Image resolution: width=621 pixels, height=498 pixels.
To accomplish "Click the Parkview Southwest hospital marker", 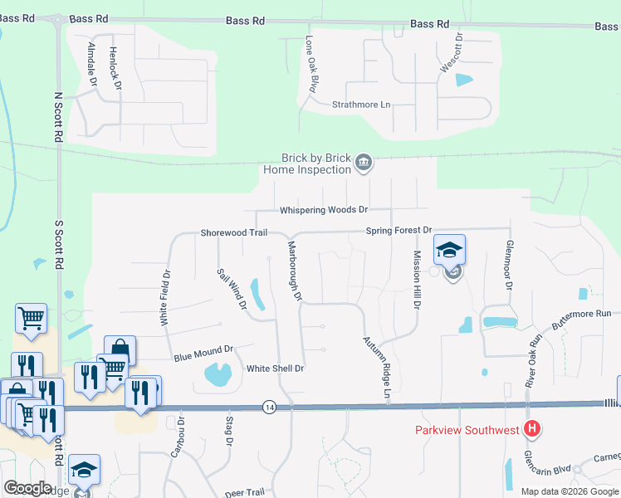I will pyautogui.click(x=533, y=429).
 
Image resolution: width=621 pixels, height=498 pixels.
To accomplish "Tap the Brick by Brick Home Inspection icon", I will pyautogui.click(x=363, y=164).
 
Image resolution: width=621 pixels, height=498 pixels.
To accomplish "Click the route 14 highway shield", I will pyautogui.click(x=269, y=407).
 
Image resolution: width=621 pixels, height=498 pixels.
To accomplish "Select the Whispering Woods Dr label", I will pyautogui.click(x=323, y=211).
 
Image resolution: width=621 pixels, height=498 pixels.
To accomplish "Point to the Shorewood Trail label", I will pyautogui.click(x=233, y=233).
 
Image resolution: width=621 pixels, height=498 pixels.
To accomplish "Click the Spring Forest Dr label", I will pyautogui.click(x=399, y=230).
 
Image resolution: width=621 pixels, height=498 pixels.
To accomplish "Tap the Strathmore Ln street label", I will pyautogui.click(x=360, y=105).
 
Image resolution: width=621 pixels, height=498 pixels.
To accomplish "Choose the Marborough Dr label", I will pyautogui.click(x=293, y=271).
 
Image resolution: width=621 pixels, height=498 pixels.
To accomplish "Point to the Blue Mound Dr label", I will pyautogui.click(x=204, y=354).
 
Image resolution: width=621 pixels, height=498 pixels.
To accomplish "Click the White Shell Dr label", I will pyautogui.click(x=276, y=368).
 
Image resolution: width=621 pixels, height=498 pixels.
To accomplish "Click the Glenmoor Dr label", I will pyautogui.click(x=508, y=266).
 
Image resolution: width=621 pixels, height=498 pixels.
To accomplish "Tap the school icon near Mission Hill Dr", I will pyautogui.click(x=449, y=251).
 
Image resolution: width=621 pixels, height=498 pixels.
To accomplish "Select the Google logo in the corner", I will pyautogui.click(x=27, y=488).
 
